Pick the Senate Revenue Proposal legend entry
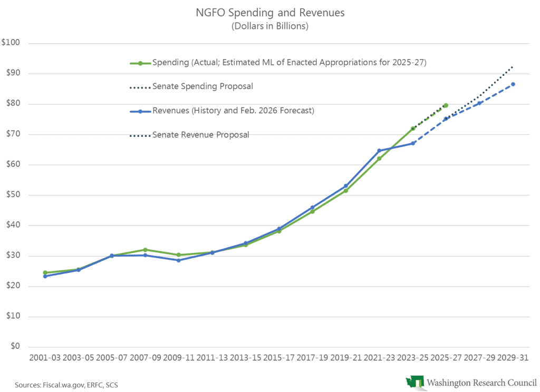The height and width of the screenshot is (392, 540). (x=200, y=135)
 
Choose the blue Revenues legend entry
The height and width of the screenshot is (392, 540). (x=233, y=111)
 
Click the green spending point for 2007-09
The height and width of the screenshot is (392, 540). (x=145, y=250)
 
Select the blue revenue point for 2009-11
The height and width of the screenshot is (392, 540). (x=178, y=260)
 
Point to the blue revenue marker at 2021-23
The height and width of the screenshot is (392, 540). (x=379, y=151)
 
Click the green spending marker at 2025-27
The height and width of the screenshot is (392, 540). (x=446, y=105)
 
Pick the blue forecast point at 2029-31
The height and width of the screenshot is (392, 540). (x=513, y=84)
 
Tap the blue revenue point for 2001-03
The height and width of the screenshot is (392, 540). (x=45, y=276)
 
